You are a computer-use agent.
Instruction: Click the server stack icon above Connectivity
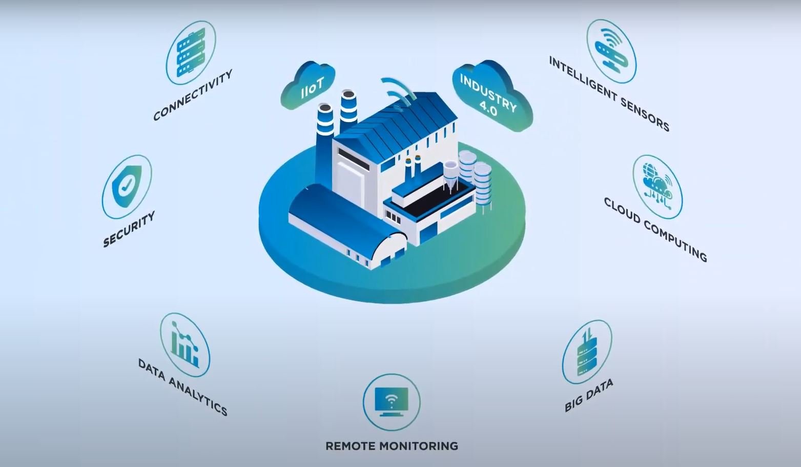[191, 52]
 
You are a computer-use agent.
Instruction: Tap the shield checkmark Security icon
[127, 186]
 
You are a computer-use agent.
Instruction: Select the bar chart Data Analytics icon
[184, 344]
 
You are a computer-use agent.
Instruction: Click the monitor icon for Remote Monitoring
[392, 401]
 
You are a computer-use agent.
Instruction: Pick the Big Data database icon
[587, 352]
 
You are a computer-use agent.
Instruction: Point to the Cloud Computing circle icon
[658, 187]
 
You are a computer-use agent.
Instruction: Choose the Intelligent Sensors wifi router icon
[611, 51]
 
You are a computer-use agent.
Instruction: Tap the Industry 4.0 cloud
[490, 96]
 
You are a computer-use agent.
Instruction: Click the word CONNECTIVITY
[193, 95]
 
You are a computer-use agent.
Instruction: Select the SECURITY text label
[129, 229]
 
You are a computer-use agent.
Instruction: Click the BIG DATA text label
[588, 395]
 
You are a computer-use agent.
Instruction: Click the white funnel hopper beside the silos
[450, 174]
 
